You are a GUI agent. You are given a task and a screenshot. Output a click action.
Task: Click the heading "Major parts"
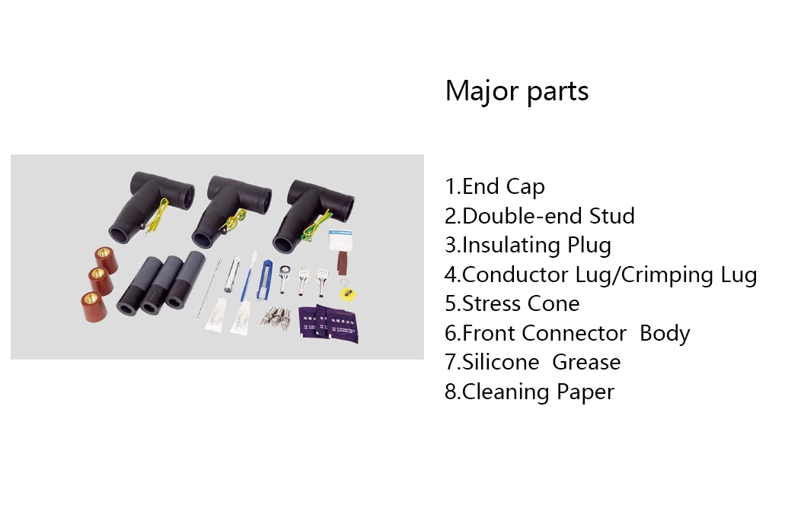click(516, 91)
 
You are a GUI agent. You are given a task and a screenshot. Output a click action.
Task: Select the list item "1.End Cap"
click(495, 186)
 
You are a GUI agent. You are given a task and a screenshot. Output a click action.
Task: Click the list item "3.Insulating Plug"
click(528, 245)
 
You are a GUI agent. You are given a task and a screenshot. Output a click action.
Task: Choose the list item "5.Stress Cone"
click(512, 303)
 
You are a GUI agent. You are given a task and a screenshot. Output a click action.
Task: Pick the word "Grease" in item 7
click(586, 362)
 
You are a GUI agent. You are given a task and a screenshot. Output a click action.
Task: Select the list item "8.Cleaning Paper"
click(529, 392)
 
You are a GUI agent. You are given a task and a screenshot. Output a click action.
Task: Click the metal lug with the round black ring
click(285, 278)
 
